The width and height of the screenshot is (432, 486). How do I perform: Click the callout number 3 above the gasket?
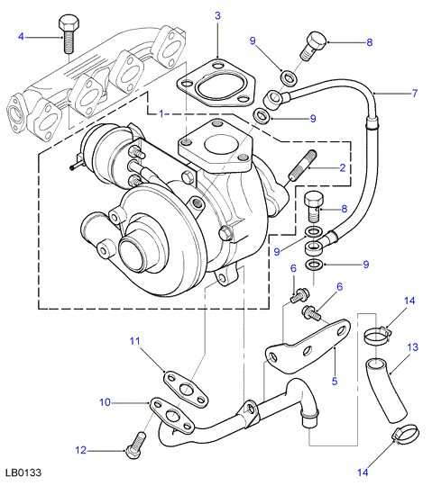click(217, 15)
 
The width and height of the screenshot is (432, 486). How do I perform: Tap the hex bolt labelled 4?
click(69, 34)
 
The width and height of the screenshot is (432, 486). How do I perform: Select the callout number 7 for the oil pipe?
click(415, 93)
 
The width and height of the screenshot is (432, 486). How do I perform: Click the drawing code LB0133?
click(23, 472)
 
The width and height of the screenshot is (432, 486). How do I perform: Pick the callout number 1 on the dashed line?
click(161, 113)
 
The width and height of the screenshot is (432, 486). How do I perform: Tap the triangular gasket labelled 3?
click(216, 83)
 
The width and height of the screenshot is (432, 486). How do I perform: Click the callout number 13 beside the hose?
click(412, 347)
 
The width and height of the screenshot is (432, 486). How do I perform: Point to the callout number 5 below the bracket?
click(335, 381)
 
